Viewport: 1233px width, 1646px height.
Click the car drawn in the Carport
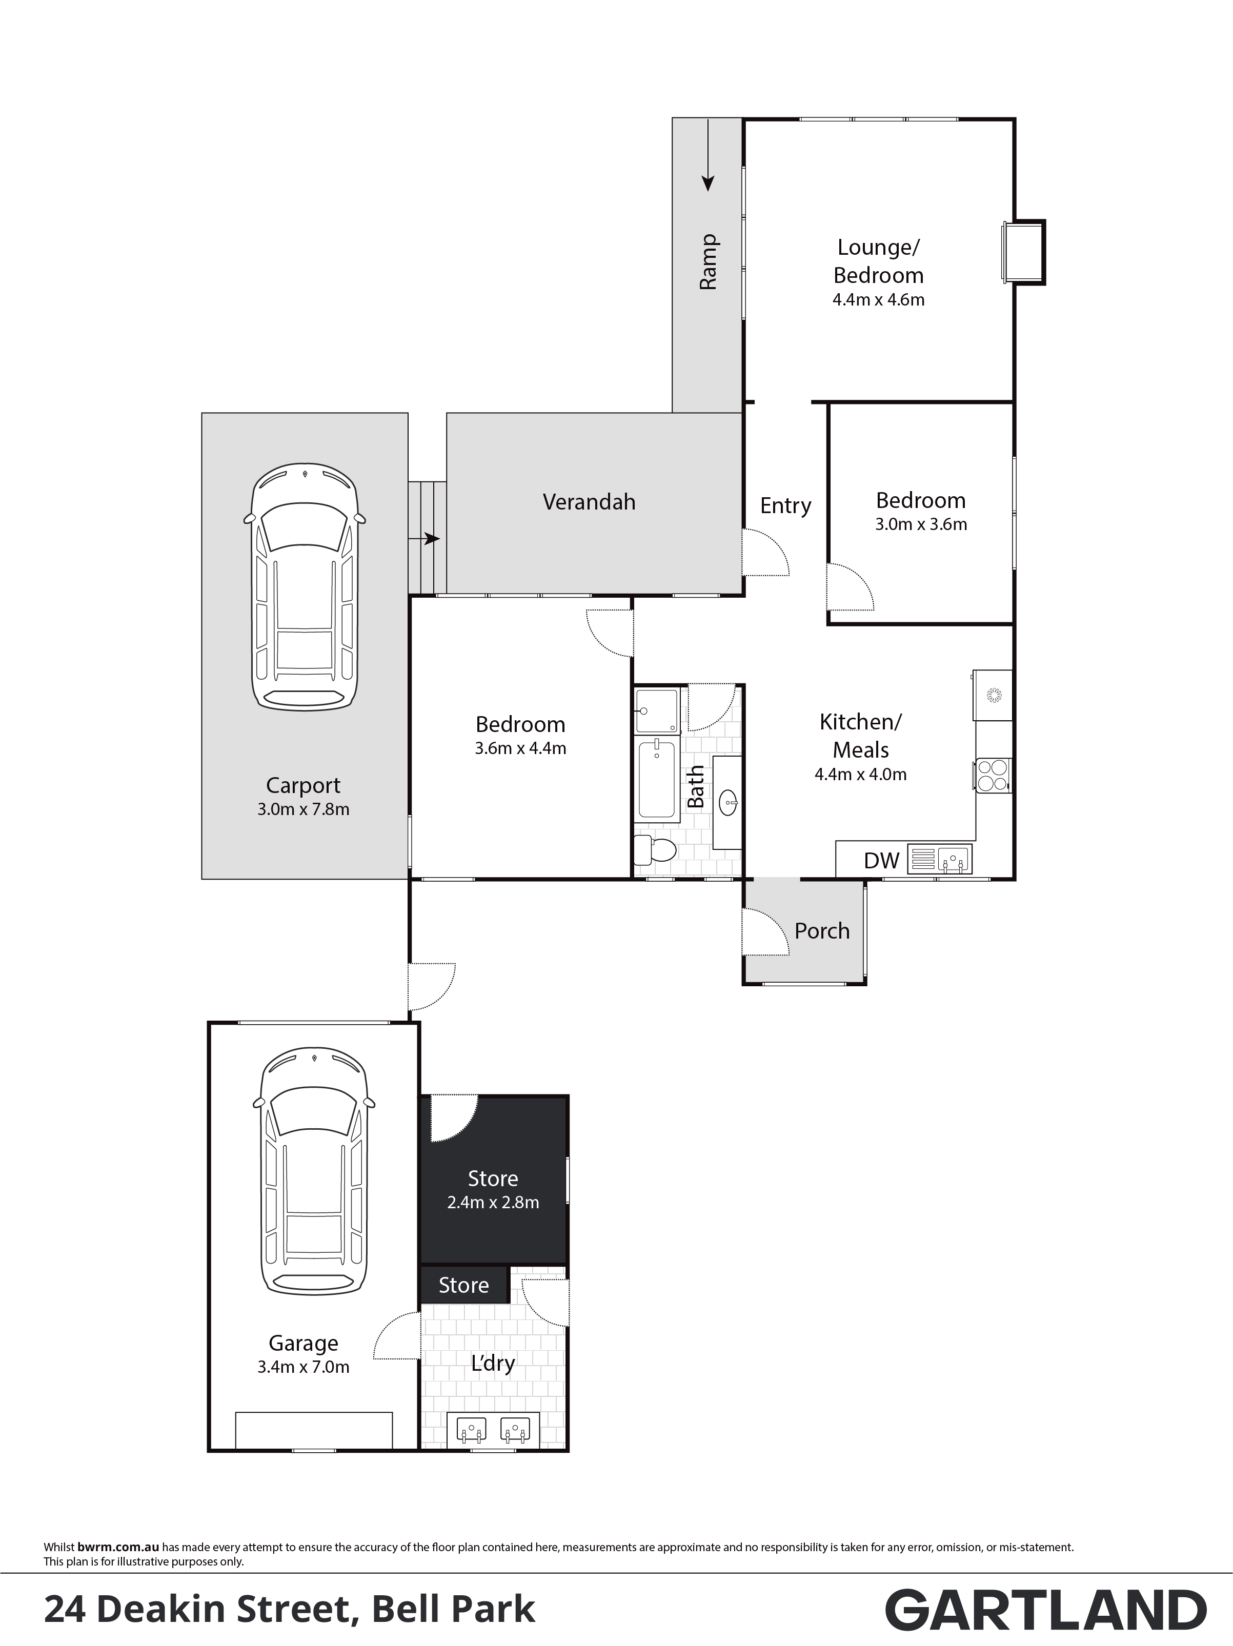pyautogui.click(x=305, y=586)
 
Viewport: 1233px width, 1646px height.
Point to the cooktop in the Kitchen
pyautogui.click(x=992, y=775)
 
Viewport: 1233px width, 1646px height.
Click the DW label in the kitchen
pyautogui.click(x=882, y=861)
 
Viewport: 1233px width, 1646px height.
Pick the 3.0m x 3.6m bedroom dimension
pyautogui.click(x=921, y=524)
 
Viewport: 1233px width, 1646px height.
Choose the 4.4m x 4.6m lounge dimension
pyautogui.click(x=879, y=300)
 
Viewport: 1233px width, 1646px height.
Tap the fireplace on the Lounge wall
pyautogui.click(x=1023, y=252)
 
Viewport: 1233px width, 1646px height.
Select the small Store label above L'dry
pyautogui.click(x=463, y=1286)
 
